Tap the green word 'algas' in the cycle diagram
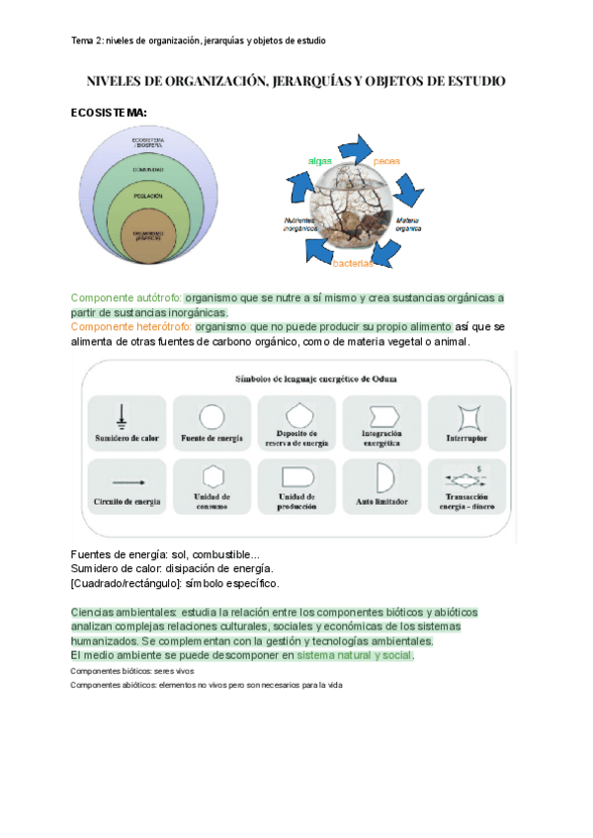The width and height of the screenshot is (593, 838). [x=319, y=160]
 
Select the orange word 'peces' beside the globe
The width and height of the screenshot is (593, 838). [x=386, y=160]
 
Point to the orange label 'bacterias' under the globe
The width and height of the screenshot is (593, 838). [x=353, y=264]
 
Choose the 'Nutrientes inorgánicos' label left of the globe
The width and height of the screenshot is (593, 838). [x=299, y=223]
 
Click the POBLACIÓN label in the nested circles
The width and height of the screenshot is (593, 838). [x=148, y=196]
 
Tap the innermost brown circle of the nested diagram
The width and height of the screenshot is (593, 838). [x=148, y=235]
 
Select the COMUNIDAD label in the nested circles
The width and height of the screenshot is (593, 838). [x=148, y=169]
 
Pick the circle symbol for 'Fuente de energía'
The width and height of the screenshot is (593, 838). [x=212, y=415]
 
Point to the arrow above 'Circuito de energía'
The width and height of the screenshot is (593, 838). [x=126, y=481]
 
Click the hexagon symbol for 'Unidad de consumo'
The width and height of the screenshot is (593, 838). [x=212, y=475]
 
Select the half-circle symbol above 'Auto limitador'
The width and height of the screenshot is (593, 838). [x=383, y=477]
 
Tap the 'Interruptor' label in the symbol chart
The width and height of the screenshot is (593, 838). [x=467, y=437]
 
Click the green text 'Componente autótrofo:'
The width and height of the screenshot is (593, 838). [x=127, y=297]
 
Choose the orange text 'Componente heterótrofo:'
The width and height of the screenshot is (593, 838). [x=131, y=326]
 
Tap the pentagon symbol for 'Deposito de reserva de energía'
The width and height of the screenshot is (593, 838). [x=296, y=413]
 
